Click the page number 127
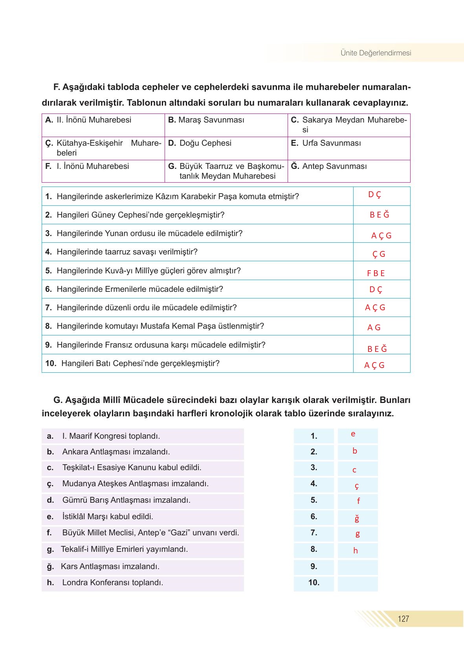coord(403,619)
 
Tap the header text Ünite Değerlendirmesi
coord(376,53)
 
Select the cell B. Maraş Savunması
coord(206,120)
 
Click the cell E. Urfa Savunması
coord(326,143)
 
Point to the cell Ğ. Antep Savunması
coord(329,167)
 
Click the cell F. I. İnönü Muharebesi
coord(87,167)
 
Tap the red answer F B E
coord(376,273)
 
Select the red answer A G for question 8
coord(374,328)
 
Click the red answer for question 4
coord(379,254)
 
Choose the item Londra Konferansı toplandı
coord(112,583)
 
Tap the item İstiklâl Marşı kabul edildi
coord(107,517)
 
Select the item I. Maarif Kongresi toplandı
coord(111,436)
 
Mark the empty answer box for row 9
coord(358,567)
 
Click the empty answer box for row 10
coord(358,583)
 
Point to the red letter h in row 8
coord(356,551)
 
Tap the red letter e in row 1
coord(353,434)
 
